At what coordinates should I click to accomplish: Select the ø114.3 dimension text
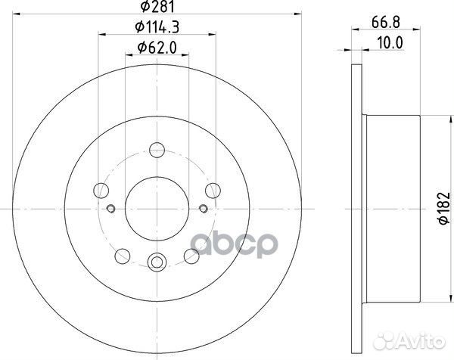click(157, 30)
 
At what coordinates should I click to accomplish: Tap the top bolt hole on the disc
click(157, 148)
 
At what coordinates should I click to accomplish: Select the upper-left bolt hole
click(99, 189)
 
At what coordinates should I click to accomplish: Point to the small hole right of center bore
click(203, 209)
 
